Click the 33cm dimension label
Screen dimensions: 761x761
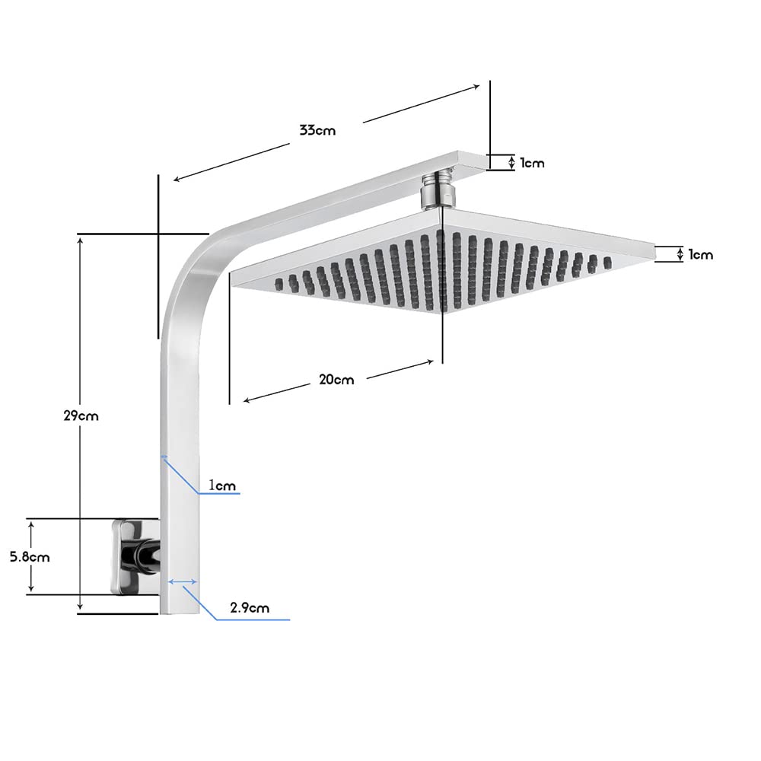(x=317, y=130)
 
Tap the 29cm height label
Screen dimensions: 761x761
(x=81, y=416)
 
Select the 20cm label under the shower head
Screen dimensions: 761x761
(x=336, y=380)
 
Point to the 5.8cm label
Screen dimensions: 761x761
(x=30, y=556)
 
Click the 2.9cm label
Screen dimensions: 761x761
(x=250, y=607)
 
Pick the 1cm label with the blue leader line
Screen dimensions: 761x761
(x=223, y=485)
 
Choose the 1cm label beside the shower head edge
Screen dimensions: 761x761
(x=701, y=254)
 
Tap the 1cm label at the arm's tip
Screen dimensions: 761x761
(x=532, y=163)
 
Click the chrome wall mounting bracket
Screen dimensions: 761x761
(x=134, y=554)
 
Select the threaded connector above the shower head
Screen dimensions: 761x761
(x=437, y=190)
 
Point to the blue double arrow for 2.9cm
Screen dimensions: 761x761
(x=183, y=582)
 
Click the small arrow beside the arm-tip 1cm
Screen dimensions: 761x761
(x=511, y=162)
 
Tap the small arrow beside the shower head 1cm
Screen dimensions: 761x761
(x=680, y=254)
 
